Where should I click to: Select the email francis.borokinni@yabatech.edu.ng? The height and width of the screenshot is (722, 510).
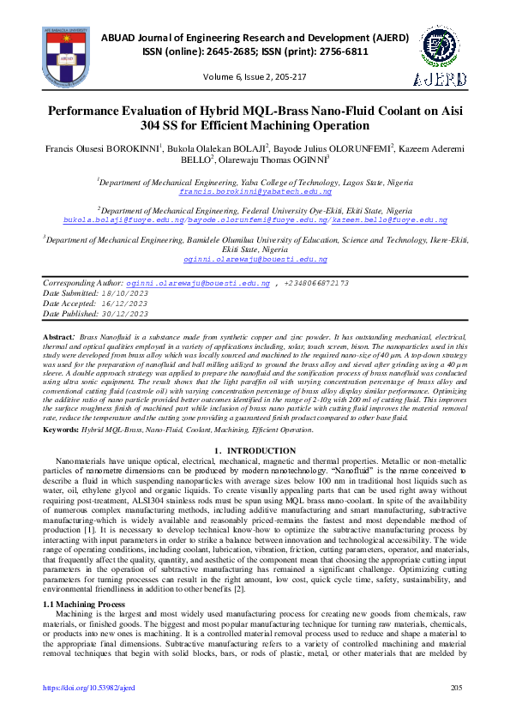coord(255,194)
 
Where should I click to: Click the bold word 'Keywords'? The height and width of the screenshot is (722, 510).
coord(62,429)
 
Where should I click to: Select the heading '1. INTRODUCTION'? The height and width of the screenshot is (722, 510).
coord(255,451)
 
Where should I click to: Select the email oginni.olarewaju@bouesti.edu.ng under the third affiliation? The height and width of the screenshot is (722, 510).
coord(255,258)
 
